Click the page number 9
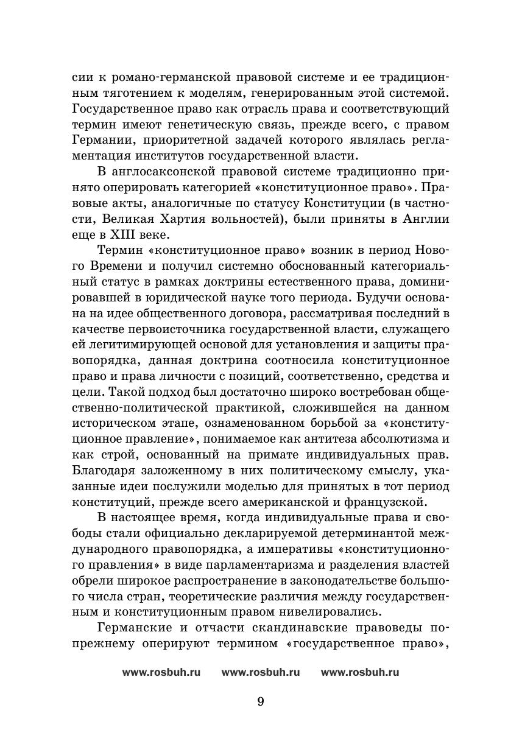coord(261,701)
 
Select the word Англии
coord(426,218)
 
